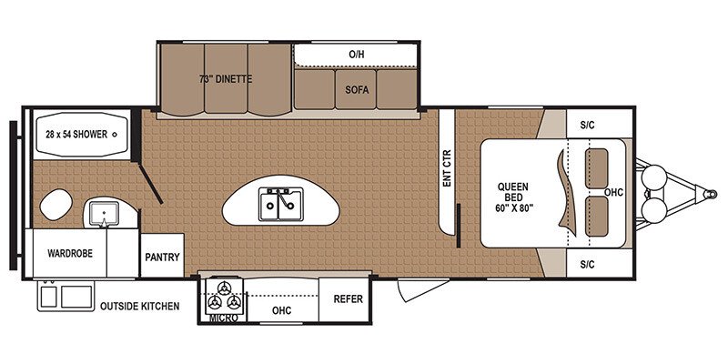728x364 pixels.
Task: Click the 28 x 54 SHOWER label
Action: pos(76,135)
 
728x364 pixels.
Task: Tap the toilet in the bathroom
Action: pos(56,204)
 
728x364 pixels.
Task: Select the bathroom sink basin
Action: pos(104,214)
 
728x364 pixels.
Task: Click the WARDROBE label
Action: pos(70,254)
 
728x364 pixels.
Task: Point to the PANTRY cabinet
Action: pos(162,256)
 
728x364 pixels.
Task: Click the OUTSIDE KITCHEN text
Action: pos(140,307)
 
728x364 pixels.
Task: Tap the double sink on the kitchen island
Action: pos(278,204)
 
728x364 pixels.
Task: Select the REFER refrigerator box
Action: pos(348,299)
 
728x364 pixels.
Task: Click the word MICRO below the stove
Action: pos(224,318)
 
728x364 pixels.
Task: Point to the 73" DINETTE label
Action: pos(226,79)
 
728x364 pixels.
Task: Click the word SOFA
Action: pos(357,89)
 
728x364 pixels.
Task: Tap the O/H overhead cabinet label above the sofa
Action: pos(357,55)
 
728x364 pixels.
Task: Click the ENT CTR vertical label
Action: pos(447,168)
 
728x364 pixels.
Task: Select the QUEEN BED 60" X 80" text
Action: pos(513,197)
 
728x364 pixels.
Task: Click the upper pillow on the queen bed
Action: pos(597,168)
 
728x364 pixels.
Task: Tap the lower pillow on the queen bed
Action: pos(597,217)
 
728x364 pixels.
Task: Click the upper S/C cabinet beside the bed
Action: pos(600,125)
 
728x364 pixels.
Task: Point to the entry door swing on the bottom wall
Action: pos(423,289)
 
